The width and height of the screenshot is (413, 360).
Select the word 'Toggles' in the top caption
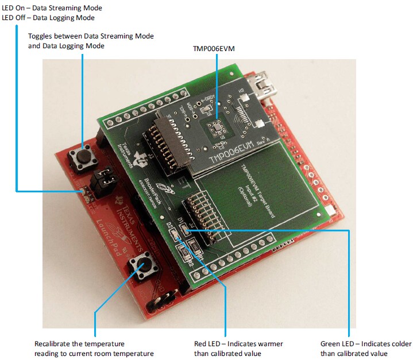point(41,36)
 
